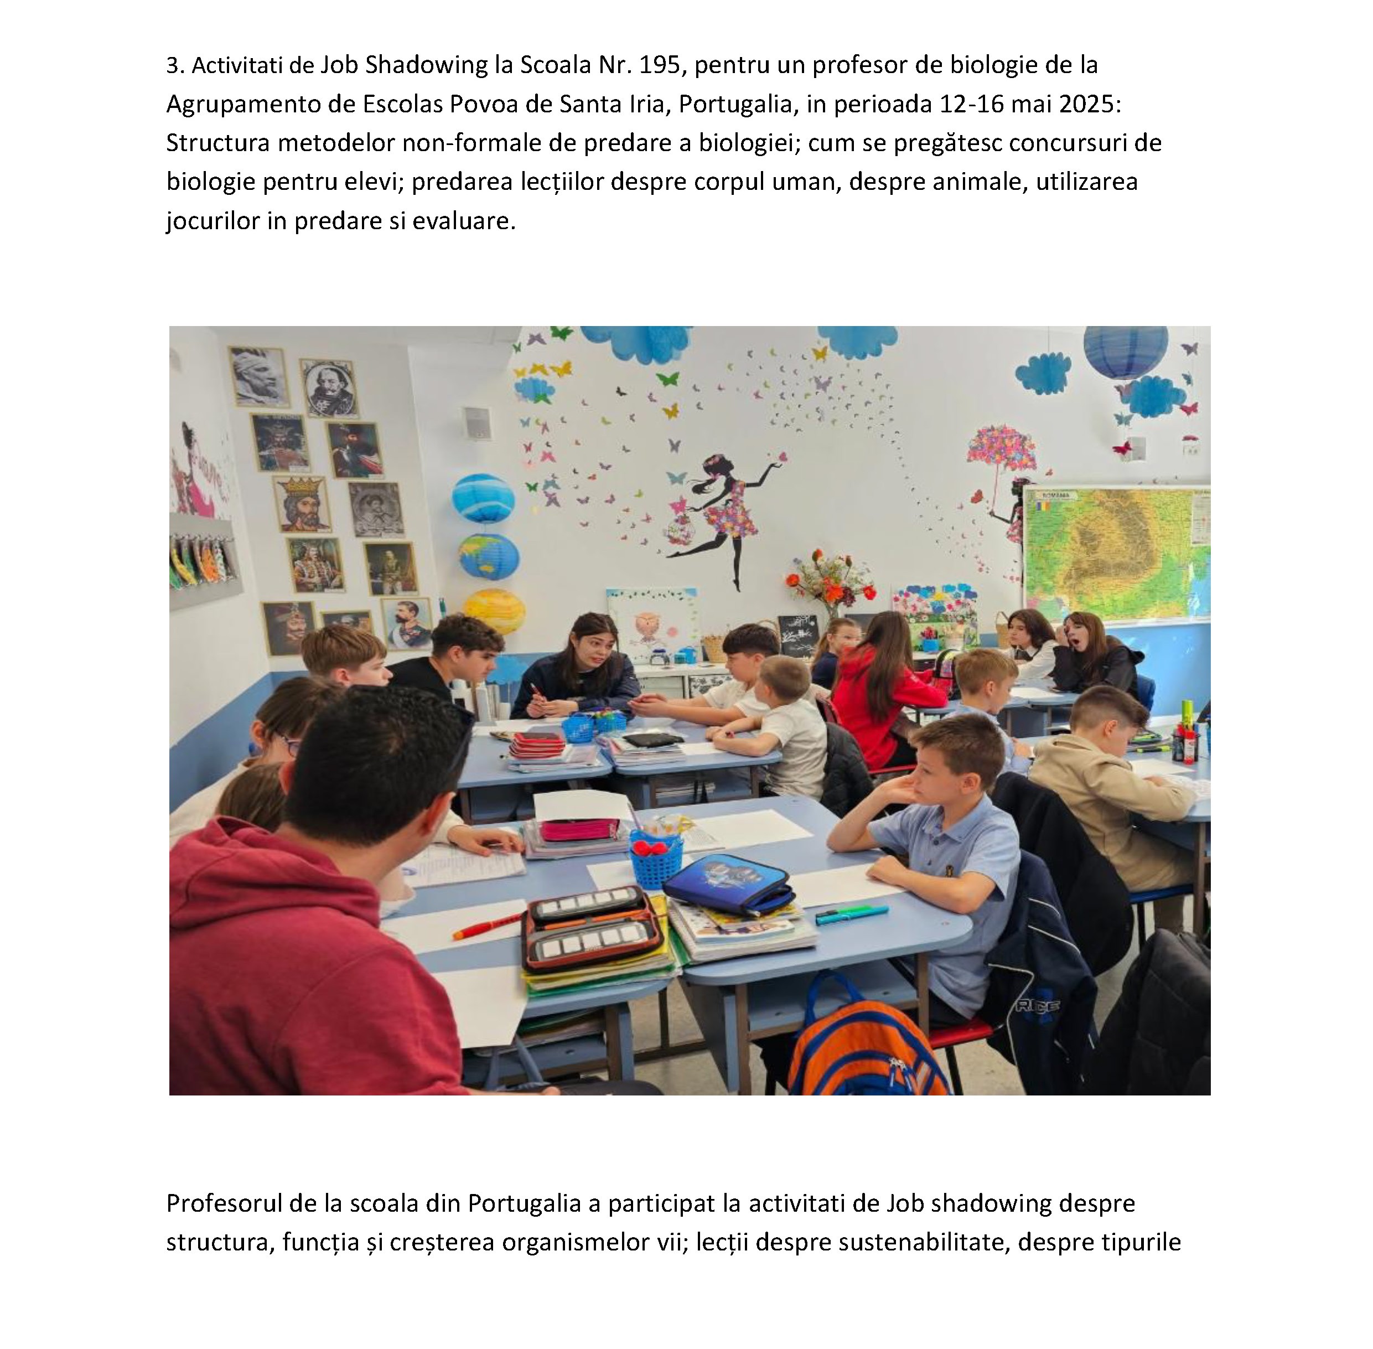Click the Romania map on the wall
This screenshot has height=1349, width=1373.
(x=1116, y=552)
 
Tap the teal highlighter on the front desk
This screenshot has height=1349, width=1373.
(x=850, y=914)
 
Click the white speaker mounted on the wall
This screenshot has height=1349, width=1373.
(x=476, y=422)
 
